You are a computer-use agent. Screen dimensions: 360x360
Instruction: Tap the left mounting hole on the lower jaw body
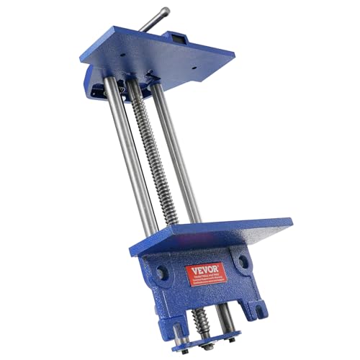tap(163, 274)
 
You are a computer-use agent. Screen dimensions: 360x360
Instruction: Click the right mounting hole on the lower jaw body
tap(243, 261)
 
